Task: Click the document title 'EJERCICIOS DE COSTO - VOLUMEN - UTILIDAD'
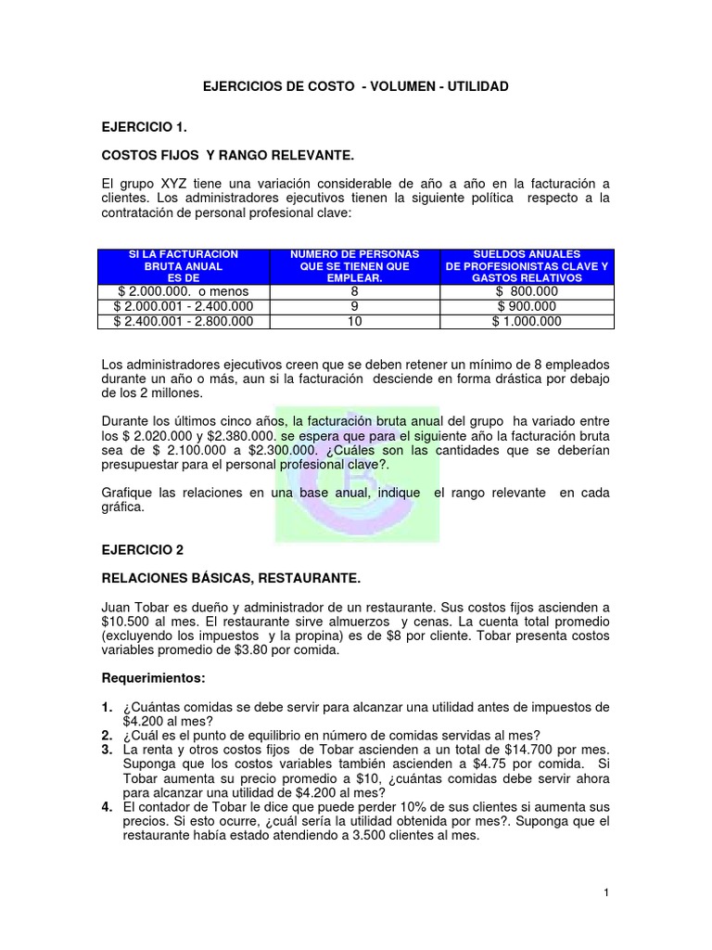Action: point(356,86)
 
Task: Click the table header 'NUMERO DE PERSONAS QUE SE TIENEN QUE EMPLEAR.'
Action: point(355,265)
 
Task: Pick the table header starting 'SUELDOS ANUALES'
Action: point(527,265)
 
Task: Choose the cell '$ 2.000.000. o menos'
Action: point(183,291)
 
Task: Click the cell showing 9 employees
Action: point(355,306)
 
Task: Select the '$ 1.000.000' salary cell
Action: point(527,321)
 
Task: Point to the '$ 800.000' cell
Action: point(527,291)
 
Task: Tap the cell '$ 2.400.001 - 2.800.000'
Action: point(183,321)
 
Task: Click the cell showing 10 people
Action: point(355,321)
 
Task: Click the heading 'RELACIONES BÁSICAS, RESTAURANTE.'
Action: point(231,578)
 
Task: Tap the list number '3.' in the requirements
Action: point(108,749)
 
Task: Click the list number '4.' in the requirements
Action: point(108,807)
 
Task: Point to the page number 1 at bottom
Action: point(605,892)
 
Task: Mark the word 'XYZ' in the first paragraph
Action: point(179,183)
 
